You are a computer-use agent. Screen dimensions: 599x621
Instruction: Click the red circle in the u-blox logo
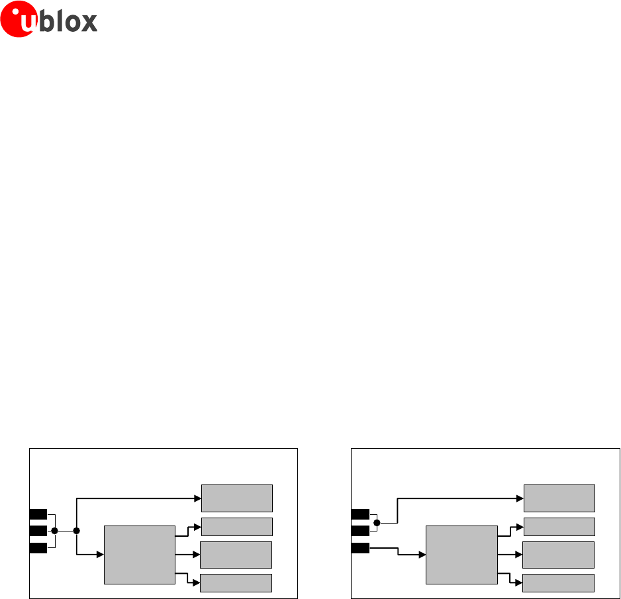click(17, 18)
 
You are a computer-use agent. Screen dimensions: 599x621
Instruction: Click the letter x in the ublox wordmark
click(89, 23)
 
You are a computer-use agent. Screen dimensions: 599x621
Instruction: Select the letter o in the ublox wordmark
click(72, 23)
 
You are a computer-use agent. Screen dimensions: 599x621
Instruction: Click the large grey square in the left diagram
click(140, 555)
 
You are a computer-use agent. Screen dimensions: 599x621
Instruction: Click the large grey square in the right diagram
click(461, 555)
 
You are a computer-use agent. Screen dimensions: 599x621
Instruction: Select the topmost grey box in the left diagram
click(236, 498)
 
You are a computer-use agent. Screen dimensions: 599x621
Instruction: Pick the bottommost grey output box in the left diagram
click(236, 582)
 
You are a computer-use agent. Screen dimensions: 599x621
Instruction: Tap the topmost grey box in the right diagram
click(559, 498)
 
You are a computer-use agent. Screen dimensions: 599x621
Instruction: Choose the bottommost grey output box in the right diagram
click(558, 582)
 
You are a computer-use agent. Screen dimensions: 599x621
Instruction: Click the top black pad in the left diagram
click(38, 514)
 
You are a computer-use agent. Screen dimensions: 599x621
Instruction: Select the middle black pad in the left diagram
click(38, 531)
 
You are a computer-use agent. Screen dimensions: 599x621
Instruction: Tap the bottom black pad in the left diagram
click(38, 547)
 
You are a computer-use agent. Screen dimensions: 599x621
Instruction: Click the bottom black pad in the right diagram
click(359, 547)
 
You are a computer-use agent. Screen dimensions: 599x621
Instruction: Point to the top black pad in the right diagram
click(359, 514)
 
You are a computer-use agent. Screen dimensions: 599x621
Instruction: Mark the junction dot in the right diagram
click(377, 522)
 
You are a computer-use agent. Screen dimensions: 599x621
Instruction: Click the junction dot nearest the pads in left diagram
click(55, 531)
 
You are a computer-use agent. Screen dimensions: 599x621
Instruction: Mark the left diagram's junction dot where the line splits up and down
click(77, 531)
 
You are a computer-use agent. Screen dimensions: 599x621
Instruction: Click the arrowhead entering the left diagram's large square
click(101, 554)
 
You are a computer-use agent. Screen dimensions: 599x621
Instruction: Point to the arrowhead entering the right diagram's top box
click(520, 497)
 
